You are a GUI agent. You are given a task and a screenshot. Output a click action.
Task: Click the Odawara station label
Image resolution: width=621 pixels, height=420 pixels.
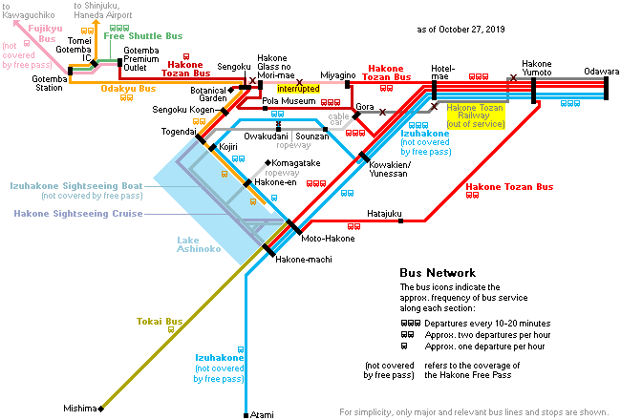[601, 72]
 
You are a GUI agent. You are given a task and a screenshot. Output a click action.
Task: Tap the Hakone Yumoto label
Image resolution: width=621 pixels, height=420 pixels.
[537, 68]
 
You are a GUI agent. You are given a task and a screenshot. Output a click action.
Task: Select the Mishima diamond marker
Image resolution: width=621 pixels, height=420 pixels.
[101, 409]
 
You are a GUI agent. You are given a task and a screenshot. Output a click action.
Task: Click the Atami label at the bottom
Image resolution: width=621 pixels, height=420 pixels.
[262, 414]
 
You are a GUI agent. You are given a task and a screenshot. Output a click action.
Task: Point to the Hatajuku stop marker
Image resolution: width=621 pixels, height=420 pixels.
[401, 220]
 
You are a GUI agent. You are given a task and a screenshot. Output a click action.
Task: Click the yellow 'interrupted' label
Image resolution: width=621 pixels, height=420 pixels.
[298, 89]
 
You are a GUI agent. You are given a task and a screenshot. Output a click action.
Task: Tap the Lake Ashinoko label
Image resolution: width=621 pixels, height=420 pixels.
[199, 244]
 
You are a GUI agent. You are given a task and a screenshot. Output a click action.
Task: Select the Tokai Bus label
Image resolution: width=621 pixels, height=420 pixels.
[160, 321]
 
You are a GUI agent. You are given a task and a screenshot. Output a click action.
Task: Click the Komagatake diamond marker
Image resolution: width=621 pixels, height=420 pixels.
[268, 162]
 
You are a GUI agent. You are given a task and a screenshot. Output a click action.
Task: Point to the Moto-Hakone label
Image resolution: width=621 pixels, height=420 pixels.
[328, 239]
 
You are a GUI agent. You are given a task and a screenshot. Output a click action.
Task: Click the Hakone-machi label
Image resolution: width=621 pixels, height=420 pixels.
[304, 260]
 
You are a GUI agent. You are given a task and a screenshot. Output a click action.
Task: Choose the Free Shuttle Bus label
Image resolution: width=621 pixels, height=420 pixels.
[143, 36]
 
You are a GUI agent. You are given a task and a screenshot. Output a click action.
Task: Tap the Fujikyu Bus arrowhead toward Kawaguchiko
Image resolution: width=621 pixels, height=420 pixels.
[16, 23]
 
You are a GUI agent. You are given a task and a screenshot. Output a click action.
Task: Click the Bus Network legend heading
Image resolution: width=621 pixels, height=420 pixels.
[438, 273]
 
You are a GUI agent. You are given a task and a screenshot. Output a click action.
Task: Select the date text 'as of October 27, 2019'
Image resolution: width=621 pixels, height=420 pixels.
[460, 30]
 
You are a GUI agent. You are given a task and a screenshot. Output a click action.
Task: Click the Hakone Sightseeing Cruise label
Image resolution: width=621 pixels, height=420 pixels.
[78, 214]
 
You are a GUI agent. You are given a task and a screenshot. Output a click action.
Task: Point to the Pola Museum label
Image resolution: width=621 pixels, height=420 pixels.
[289, 101]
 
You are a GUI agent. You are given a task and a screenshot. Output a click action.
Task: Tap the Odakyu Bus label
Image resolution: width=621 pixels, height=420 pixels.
[128, 88]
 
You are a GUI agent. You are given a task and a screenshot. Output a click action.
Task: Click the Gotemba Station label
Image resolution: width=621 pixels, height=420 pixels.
[50, 83]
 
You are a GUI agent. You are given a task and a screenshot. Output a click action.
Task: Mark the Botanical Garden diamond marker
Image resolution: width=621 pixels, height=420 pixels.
[231, 91]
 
